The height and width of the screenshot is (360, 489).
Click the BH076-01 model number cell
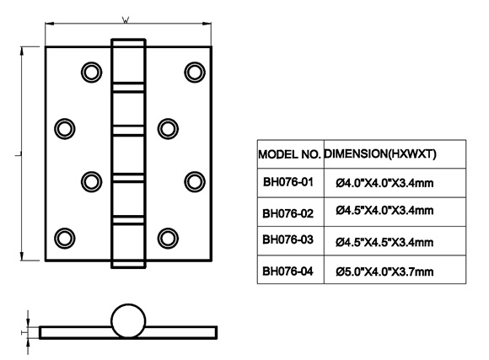pos(287,182)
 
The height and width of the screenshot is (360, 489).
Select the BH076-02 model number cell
pos(287,213)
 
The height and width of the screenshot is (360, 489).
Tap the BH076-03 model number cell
pos(287,239)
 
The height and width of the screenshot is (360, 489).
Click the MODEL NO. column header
pos(289,154)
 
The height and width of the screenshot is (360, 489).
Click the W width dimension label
pos(126,20)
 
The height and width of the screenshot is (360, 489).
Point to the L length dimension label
pos(18,154)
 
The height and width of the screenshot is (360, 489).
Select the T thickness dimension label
pos(24,332)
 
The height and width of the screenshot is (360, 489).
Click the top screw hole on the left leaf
pos(91,73)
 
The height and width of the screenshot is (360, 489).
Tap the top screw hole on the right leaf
pos(195,73)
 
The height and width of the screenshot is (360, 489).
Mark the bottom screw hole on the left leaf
pos(65,239)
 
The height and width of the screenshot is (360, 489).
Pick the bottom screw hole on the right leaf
pos(168,239)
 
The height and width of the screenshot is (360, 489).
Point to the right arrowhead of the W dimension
pos(207,24)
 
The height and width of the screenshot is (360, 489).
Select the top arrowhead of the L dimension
pos(22,51)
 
